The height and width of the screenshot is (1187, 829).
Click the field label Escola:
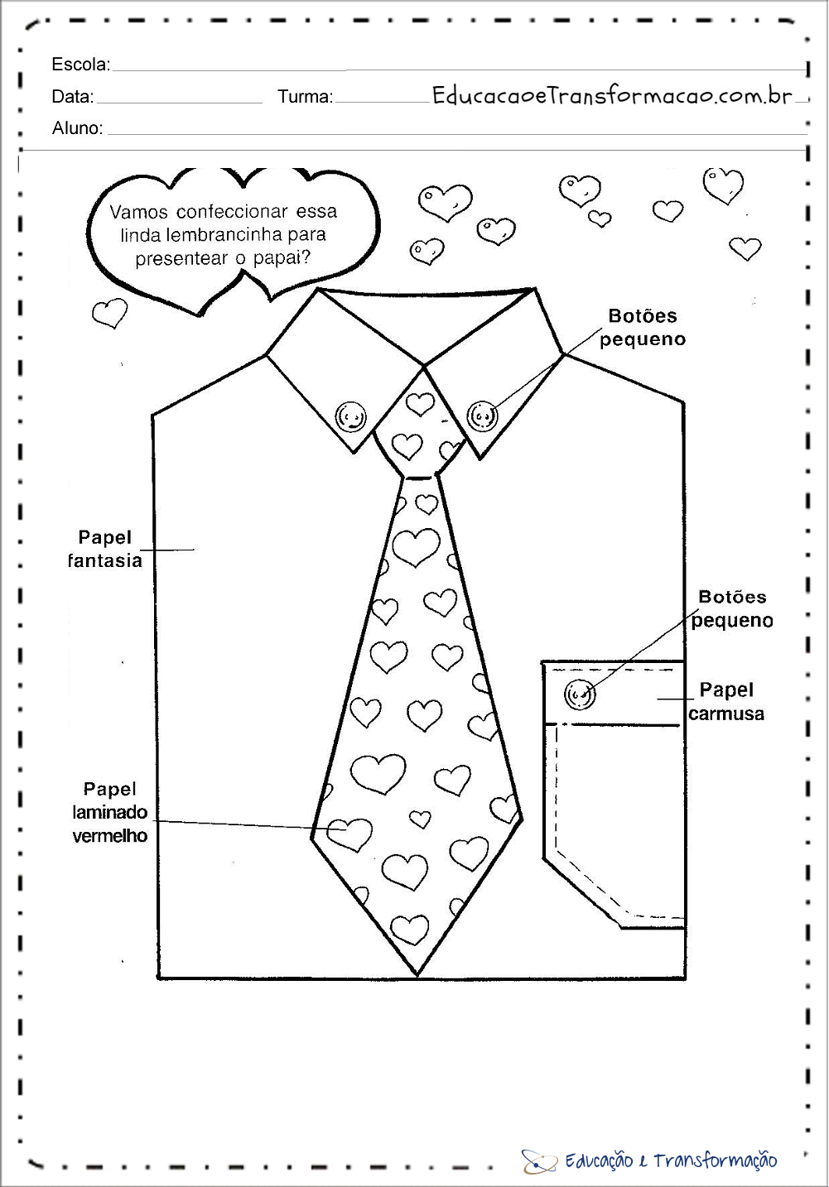coord(81,64)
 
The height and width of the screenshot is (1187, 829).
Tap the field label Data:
coord(73,97)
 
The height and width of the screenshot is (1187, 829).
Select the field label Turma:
coord(306,97)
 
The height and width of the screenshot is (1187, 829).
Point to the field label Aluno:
coord(77,127)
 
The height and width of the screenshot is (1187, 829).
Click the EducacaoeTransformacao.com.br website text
coord(612,95)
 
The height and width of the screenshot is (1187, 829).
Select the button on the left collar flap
coord(350,416)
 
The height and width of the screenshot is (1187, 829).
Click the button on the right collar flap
coord(482,416)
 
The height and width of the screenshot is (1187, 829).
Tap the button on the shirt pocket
coord(580,694)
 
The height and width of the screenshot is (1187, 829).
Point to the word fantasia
coord(105,560)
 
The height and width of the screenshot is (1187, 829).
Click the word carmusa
coord(726,714)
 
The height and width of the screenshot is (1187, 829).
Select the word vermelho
coord(109,836)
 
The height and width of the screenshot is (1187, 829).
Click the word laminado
coord(109,812)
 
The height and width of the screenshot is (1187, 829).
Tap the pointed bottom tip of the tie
coord(417,974)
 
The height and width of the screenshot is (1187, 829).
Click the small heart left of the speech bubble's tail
coord(109,313)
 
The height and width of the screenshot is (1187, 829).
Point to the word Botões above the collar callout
coord(643,316)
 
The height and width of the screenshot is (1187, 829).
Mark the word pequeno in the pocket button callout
coord(732,621)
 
